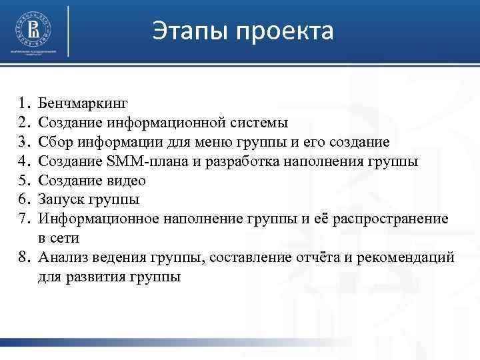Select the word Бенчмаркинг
pyautogui.click(x=83, y=103)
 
